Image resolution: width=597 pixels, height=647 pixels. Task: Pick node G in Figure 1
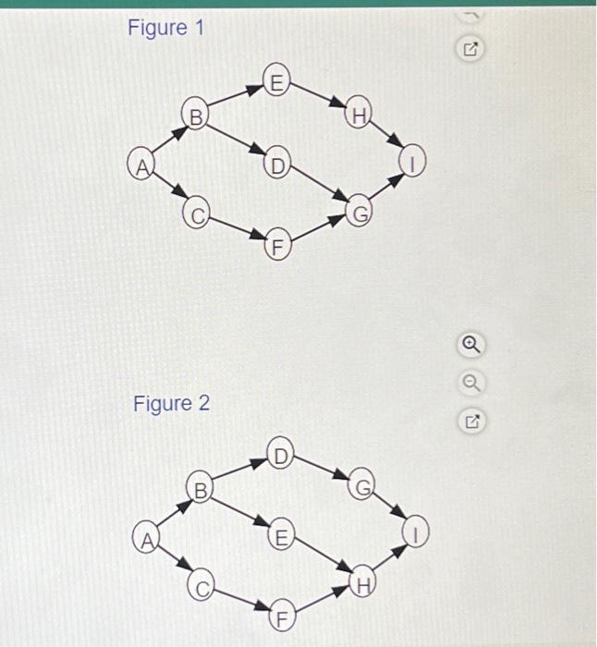[359, 213]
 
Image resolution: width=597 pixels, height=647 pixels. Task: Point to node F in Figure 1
[276, 246]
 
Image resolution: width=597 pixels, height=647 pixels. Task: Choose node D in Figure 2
[282, 452]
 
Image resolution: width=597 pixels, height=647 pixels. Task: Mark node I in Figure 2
[416, 531]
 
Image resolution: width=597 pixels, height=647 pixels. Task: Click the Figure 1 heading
[164, 29]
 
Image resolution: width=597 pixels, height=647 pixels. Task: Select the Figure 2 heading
[171, 404]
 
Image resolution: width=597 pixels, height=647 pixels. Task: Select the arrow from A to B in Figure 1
[167, 140]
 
